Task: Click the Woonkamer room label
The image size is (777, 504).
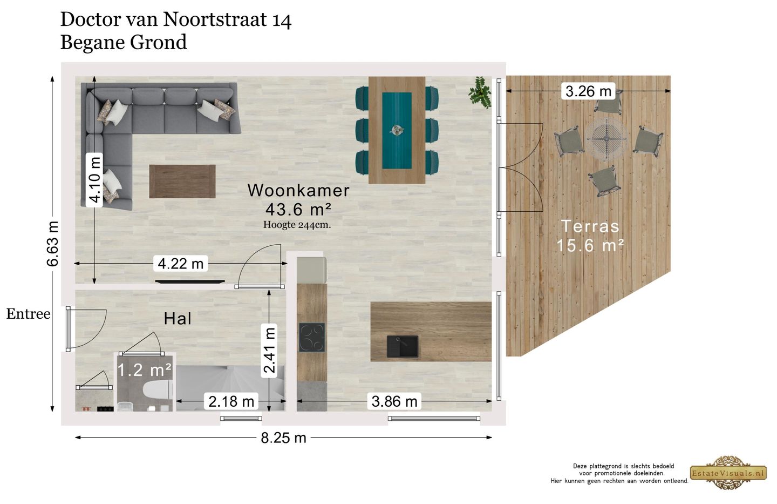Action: pyautogui.click(x=298, y=190)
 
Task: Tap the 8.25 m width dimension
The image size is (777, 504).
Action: pyautogui.click(x=283, y=438)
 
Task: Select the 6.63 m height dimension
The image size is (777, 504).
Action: pyautogui.click(x=52, y=244)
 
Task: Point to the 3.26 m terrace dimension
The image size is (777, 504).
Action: pyautogui.click(x=588, y=91)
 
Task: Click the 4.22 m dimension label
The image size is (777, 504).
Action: pyautogui.click(x=180, y=264)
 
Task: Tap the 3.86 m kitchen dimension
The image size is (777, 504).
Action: pyautogui.click(x=394, y=401)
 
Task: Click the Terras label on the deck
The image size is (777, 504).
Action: pyautogui.click(x=590, y=226)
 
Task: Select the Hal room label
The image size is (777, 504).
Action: pyautogui.click(x=178, y=319)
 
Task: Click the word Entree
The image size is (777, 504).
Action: pyautogui.click(x=28, y=314)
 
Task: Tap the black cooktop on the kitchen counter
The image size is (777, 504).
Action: pyautogui.click(x=312, y=337)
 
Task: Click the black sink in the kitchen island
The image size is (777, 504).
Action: pyautogui.click(x=402, y=346)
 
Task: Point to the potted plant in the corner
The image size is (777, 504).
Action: pyautogui.click(x=480, y=91)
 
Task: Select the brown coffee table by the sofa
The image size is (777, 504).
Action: pyautogui.click(x=182, y=182)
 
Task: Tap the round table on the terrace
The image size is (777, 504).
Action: pyautogui.click(x=606, y=138)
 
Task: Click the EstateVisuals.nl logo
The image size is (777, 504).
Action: pyautogui.click(x=728, y=473)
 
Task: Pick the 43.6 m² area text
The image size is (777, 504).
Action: pyautogui.click(x=298, y=209)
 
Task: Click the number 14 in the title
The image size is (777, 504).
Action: pyautogui.click(x=282, y=21)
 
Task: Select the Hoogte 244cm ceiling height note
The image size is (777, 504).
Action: pyautogui.click(x=297, y=225)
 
